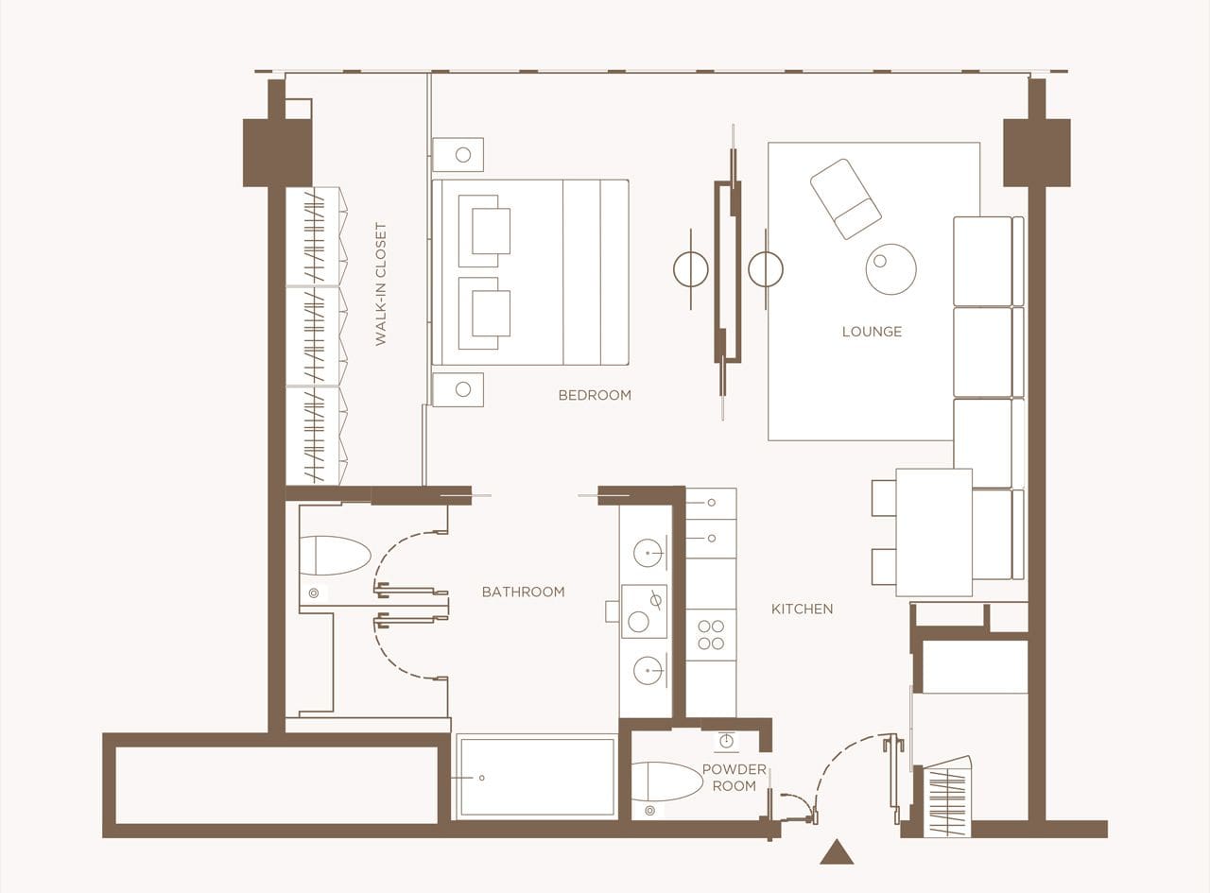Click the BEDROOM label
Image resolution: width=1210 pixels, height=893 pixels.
click(595, 395)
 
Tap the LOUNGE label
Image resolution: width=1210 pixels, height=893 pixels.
click(872, 332)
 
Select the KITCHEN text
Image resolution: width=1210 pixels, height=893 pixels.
click(802, 609)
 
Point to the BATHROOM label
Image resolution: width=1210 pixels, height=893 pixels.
click(523, 592)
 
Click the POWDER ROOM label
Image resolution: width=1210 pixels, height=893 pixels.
click(734, 778)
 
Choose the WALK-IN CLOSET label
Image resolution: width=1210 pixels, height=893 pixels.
click(381, 283)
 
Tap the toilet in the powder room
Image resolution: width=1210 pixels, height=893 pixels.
click(666, 785)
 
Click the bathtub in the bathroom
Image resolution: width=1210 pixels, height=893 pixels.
click(536, 777)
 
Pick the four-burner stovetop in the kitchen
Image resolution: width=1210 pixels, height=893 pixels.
click(711, 634)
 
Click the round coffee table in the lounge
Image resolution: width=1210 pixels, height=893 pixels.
click(890, 269)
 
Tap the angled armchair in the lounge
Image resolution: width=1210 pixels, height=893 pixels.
click(845, 199)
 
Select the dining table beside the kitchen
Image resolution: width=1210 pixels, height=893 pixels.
click(934, 532)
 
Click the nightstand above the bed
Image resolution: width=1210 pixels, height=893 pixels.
click(458, 155)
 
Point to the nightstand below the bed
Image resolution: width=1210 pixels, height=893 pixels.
click(458, 389)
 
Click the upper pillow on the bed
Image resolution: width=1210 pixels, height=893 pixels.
click(485, 231)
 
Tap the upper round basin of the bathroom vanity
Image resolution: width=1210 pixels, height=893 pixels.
click(648, 553)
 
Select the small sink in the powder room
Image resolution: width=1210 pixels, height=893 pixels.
click(726, 740)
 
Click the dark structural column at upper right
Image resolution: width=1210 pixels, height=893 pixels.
click(1036, 152)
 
